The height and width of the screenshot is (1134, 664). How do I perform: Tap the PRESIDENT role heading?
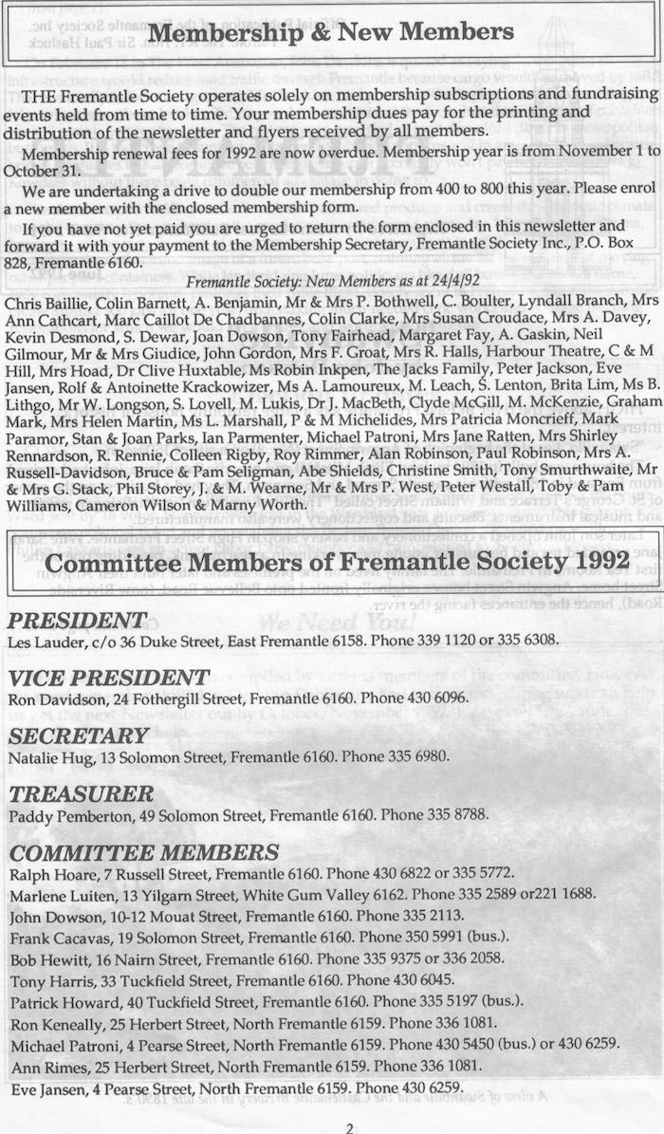(x=77, y=621)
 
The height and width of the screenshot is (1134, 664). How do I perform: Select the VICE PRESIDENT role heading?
(x=108, y=678)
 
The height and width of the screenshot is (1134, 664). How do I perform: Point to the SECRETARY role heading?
(x=78, y=736)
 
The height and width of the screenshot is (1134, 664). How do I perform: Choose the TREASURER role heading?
(x=81, y=793)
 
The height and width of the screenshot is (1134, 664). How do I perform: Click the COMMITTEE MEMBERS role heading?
(x=143, y=852)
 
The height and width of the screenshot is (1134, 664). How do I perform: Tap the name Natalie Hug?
(x=43, y=758)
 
